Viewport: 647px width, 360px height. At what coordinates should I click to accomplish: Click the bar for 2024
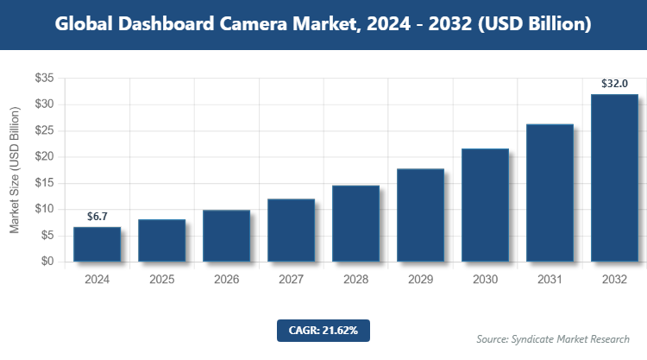pos(97,244)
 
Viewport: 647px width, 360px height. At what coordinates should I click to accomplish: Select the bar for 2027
pos(291,231)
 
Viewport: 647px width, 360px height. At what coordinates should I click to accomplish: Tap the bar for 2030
pos(485,205)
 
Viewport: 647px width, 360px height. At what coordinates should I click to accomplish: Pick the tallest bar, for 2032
pos(614,178)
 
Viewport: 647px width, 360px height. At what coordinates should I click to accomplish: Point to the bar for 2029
pos(420,215)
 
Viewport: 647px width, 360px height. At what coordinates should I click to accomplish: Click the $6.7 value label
pos(97,216)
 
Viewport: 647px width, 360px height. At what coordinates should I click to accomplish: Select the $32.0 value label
pos(614,84)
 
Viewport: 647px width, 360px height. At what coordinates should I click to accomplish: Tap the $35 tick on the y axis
pos(44,79)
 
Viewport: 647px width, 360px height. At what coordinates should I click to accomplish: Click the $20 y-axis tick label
pos(44,157)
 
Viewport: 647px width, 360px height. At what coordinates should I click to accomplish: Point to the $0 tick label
pos(47,262)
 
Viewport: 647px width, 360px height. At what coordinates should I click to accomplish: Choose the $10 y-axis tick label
pos(44,209)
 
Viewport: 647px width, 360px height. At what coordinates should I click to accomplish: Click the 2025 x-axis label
pos(161,280)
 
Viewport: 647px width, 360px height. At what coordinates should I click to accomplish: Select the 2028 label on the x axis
pos(355,280)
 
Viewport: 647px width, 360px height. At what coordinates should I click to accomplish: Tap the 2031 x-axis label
pos(550,280)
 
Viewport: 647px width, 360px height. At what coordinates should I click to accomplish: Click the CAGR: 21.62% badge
pos(323,331)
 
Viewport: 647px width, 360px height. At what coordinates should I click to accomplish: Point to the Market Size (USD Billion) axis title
pos(15,170)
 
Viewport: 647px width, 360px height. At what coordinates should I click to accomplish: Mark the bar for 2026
pos(226,236)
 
